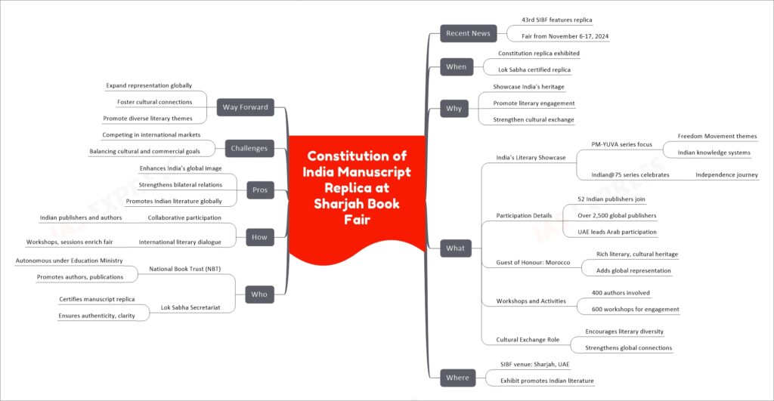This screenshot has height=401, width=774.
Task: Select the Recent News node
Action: [x=468, y=33]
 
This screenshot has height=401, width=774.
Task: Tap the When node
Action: [x=456, y=66]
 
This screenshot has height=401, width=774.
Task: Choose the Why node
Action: [x=454, y=109]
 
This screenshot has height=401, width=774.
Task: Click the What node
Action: [x=455, y=248]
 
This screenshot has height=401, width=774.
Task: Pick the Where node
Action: [x=457, y=378]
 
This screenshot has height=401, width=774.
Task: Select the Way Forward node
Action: [x=246, y=107]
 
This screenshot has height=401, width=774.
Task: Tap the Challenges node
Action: [x=249, y=148]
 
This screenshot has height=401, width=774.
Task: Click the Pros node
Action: [x=260, y=190]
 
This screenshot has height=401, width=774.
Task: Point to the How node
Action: [x=260, y=237]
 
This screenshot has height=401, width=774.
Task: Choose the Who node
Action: [x=259, y=295]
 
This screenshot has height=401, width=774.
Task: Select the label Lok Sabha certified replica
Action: [x=534, y=70]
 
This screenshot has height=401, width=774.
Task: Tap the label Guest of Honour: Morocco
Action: [x=533, y=262]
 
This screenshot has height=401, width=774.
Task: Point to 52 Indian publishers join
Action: [x=611, y=199]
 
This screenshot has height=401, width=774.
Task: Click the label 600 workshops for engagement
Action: [x=635, y=310]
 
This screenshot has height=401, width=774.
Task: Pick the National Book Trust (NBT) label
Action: [x=184, y=270]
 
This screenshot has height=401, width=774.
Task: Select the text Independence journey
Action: [x=726, y=174]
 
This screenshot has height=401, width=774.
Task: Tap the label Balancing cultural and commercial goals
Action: [x=144, y=152]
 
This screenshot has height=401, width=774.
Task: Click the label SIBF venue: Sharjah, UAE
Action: [x=534, y=365]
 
